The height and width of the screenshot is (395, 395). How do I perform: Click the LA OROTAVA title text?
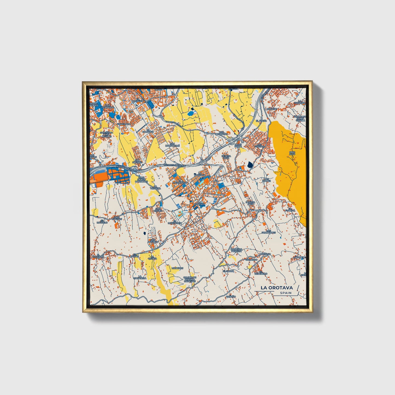pos(276,288)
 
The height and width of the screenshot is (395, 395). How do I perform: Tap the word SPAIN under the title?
pos(286,293)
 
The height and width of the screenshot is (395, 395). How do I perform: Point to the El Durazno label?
pos(150,131)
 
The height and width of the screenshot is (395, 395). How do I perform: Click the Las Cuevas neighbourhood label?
pos(260,145)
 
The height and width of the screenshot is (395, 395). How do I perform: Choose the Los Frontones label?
pos(268,232)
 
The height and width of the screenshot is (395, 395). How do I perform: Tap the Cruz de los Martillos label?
pos(141,180)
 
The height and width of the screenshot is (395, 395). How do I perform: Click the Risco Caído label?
pos(238,146)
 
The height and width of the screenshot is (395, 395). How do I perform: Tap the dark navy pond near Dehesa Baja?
pos(250,164)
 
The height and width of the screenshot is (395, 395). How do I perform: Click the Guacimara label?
pos(123,124)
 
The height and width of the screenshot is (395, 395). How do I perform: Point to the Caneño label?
pos(231,296)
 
